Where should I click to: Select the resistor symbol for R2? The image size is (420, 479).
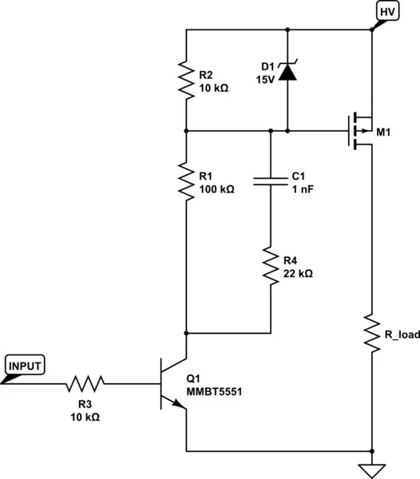185,80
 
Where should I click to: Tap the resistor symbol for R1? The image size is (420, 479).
185,181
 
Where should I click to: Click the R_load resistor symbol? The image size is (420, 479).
372,335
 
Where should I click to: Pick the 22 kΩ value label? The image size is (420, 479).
298,272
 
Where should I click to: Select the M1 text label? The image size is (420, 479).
384,131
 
